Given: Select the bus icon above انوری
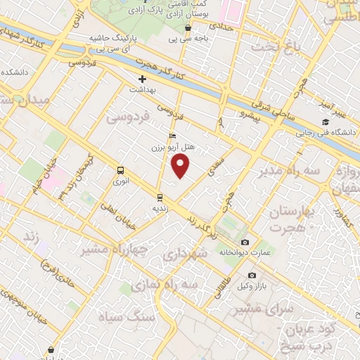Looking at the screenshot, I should (120, 170).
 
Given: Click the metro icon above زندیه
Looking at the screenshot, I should (160, 197).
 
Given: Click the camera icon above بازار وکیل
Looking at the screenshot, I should (252, 276).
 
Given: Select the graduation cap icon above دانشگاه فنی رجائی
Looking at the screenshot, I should (327, 120).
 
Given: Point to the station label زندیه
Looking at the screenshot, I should (160, 209).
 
